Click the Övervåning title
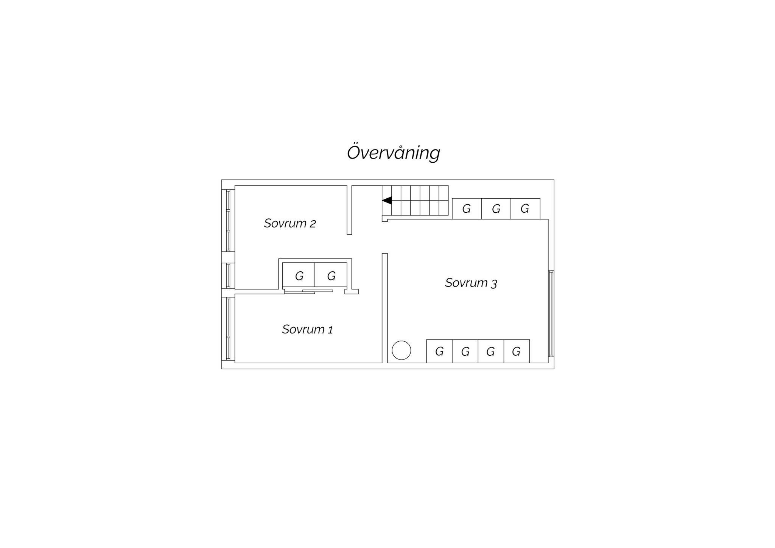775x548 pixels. (x=394, y=153)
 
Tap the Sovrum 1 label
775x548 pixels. (x=307, y=329)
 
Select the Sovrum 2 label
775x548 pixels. (x=290, y=223)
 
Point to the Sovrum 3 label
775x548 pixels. (x=471, y=283)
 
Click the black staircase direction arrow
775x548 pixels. (x=387, y=201)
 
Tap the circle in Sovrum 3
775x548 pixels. (x=402, y=350)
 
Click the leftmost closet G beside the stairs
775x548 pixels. (x=467, y=209)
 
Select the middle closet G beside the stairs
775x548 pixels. (x=496, y=209)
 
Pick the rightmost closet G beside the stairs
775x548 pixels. (x=525, y=209)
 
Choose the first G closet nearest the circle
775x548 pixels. (x=439, y=352)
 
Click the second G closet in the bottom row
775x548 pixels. (x=465, y=352)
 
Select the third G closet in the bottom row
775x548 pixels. (x=491, y=352)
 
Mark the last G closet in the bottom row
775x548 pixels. (x=517, y=352)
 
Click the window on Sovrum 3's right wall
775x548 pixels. (x=551, y=314)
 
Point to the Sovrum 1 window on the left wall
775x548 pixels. (x=228, y=328)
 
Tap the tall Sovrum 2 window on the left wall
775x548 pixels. (x=228, y=221)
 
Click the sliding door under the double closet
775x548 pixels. (x=309, y=291)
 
